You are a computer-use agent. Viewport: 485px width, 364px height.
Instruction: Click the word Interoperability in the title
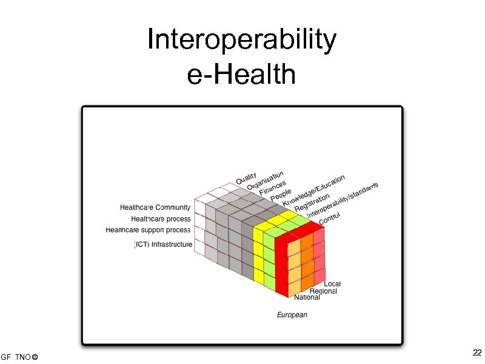(x=242, y=41)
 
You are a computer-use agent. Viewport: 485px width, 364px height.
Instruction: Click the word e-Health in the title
(x=242, y=76)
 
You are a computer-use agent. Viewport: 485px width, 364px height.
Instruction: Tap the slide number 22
(x=477, y=353)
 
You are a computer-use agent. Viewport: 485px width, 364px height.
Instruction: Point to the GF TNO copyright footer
(x=19, y=356)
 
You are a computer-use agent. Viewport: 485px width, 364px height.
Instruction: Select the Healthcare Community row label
(x=155, y=207)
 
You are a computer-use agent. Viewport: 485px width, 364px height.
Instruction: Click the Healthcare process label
(x=161, y=219)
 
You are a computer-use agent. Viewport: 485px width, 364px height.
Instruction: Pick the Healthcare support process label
(x=149, y=230)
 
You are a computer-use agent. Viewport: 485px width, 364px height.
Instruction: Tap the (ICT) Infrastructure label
(x=163, y=244)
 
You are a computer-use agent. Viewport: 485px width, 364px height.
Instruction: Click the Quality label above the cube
(x=246, y=179)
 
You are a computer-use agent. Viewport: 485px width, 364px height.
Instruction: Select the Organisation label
(x=265, y=180)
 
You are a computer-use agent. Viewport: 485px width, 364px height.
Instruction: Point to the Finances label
(x=272, y=189)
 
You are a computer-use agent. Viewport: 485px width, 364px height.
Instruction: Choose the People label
(x=281, y=195)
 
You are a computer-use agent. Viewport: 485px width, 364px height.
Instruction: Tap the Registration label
(x=312, y=203)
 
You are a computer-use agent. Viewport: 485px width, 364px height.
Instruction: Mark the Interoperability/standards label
(x=343, y=200)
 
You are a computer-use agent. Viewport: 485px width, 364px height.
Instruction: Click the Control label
(x=330, y=218)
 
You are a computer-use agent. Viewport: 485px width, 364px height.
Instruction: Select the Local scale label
(x=332, y=284)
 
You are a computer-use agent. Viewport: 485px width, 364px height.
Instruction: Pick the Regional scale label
(x=323, y=291)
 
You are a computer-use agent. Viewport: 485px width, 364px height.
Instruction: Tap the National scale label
(x=307, y=298)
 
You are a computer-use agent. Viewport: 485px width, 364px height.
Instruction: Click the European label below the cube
(x=292, y=315)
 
